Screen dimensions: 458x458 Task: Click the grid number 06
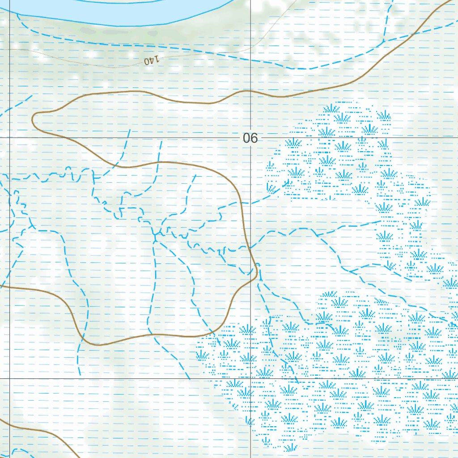point(250,138)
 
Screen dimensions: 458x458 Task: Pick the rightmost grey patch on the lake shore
point(153,33)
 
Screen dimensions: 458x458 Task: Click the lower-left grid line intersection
point(9,378)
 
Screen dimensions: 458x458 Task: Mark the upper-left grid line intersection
point(9,137)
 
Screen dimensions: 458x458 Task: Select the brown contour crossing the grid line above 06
point(250,92)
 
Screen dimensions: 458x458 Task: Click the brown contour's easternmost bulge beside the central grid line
point(257,270)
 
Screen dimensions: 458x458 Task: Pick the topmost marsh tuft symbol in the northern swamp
point(331,109)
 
